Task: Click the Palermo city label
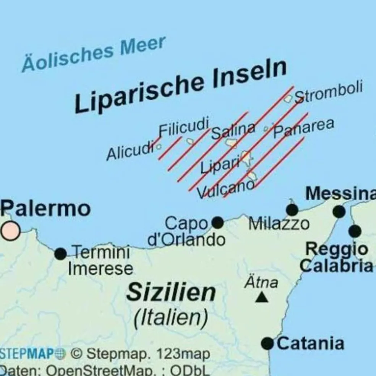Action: click(45, 209)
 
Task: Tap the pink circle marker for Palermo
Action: click(10, 231)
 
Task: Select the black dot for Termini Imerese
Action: click(60, 253)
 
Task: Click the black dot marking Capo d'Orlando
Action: click(217, 222)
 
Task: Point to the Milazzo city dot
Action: click(292, 210)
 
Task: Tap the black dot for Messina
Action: click(339, 211)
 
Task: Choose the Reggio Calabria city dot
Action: click(355, 231)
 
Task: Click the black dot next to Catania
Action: click(267, 343)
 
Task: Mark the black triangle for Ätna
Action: click(261, 297)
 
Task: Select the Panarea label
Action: click(304, 128)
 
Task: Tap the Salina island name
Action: click(233, 131)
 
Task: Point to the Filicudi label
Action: click(184, 127)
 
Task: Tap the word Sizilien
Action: click(171, 293)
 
